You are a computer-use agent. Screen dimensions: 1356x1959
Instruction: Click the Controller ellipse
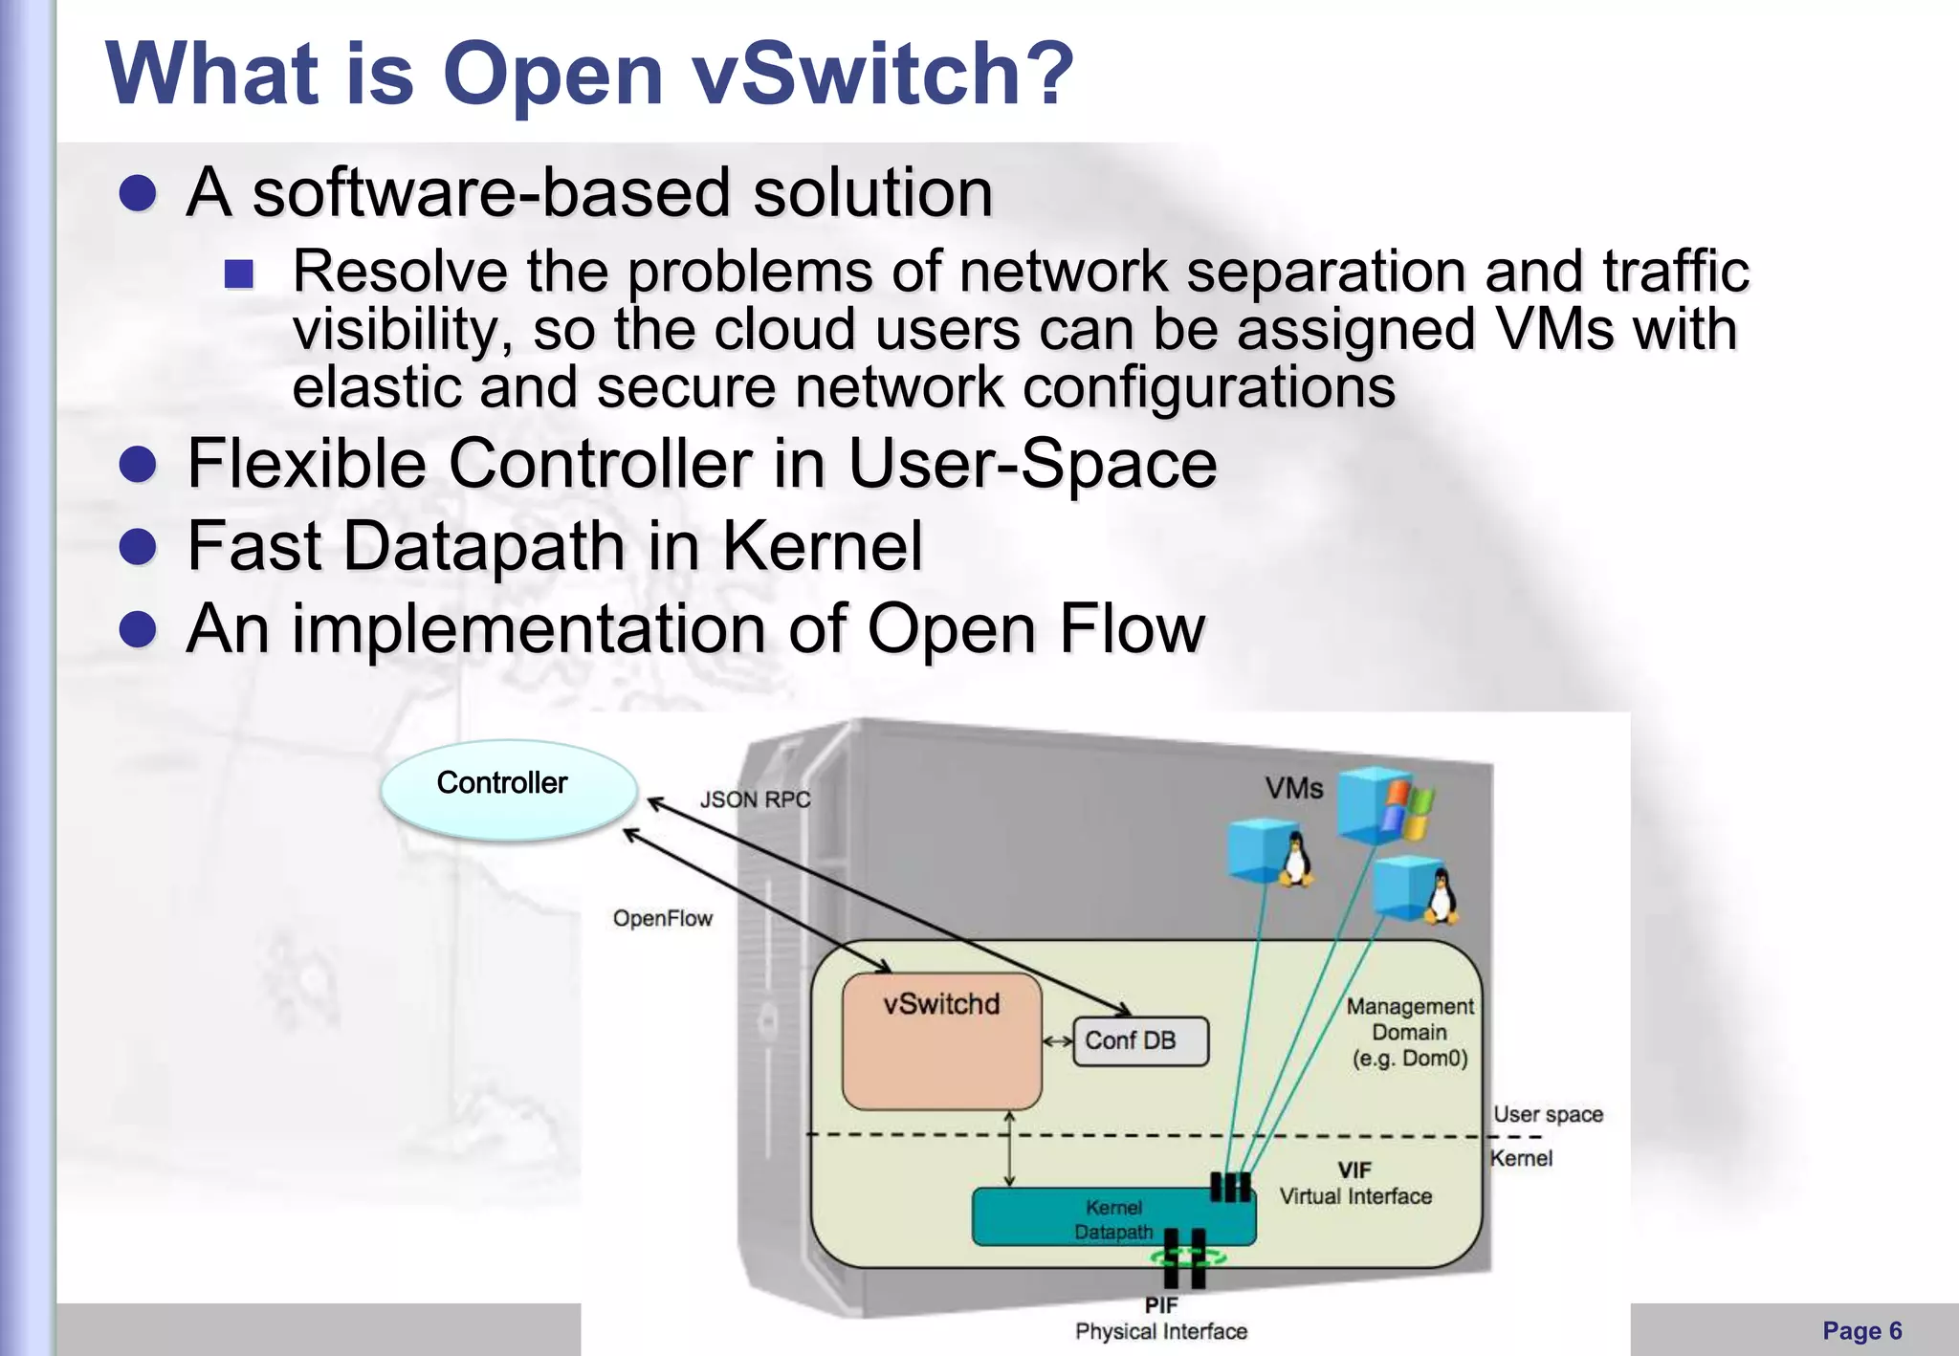click(x=508, y=789)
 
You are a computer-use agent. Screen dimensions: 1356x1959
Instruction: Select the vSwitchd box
click(x=941, y=1040)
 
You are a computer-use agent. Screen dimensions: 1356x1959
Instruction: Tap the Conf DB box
click(x=1140, y=1040)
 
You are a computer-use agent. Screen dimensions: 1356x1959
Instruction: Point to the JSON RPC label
click(x=755, y=799)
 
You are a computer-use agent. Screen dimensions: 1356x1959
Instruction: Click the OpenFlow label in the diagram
click(x=663, y=919)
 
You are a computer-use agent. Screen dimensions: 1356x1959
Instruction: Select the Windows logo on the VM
click(x=1404, y=809)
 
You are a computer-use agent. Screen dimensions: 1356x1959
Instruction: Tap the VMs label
click(x=1293, y=789)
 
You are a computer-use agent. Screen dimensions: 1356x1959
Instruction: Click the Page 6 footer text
click(x=1861, y=1330)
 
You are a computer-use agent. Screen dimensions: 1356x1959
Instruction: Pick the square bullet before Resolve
click(x=239, y=274)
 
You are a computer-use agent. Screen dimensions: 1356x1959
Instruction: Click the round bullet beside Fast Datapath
click(x=139, y=548)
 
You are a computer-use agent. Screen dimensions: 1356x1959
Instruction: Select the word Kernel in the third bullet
click(x=822, y=546)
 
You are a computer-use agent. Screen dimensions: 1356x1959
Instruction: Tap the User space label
click(x=1548, y=1114)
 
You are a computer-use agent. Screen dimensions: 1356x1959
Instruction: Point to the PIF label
click(x=1160, y=1305)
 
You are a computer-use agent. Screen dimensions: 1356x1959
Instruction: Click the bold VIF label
click(x=1354, y=1170)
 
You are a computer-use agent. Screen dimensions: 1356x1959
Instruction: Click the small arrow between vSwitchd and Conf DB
click(x=1057, y=1041)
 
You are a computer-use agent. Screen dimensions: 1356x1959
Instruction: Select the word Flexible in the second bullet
click(x=306, y=464)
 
